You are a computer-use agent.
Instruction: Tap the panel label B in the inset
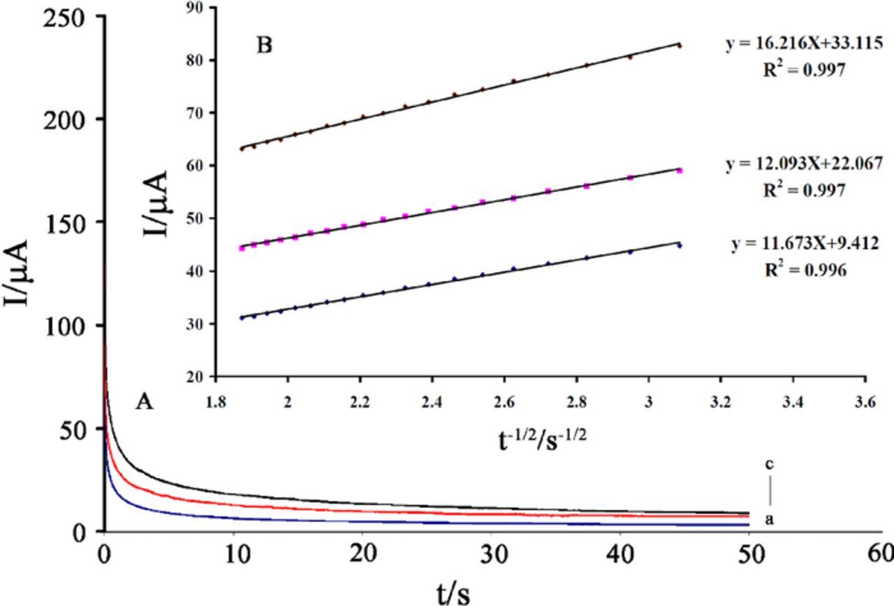[x=264, y=46]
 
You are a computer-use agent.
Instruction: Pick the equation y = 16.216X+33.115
[x=803, y=44]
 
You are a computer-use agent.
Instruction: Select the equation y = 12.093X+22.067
[x=804, y=164]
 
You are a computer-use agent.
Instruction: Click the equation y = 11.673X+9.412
[x=805, y=244]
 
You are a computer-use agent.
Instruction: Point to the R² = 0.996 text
[x=805, y=270]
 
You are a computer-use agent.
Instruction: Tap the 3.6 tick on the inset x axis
[x=865, y=403]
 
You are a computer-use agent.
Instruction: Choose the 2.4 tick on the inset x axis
[x=432, y=403]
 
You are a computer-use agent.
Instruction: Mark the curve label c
[x=769, y=464]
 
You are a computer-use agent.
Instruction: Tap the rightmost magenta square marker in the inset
[x=679, y=170]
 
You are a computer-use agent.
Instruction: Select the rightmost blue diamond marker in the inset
[x=679, y=245]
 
